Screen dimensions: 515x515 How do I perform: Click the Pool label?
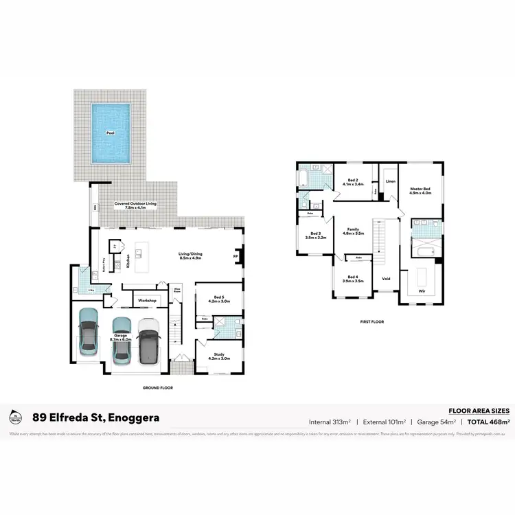pos(110,133)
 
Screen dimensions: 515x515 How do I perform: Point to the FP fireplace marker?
pos(236,257)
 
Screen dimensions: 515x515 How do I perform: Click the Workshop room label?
pos(148,301)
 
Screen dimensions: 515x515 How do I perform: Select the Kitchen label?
pos(128,261)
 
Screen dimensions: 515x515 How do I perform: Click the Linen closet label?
pos(390,182)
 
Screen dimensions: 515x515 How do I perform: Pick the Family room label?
pos(353,231)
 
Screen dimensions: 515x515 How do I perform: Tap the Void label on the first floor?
pos(386,279)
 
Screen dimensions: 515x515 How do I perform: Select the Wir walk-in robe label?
pos(420,291)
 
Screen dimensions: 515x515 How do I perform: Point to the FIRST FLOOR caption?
pos(372,321)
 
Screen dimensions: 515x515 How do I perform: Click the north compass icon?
pos(14,417)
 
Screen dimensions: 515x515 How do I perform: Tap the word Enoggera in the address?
pos(129,417)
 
